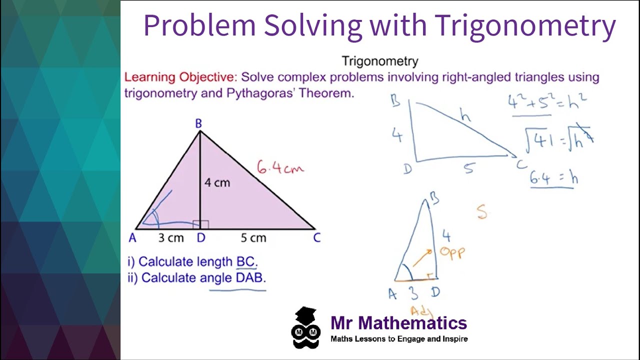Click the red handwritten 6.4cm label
[280, 168]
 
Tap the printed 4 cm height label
[217, 183]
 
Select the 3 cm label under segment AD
[171, 238]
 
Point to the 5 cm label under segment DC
[253, 238]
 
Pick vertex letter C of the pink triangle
[316, 238]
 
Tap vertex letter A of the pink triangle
[132, 238]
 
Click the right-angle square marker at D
[204, 224]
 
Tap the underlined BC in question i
[246, 261]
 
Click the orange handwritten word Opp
[452, 252]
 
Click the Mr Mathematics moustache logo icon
[306, 328]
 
